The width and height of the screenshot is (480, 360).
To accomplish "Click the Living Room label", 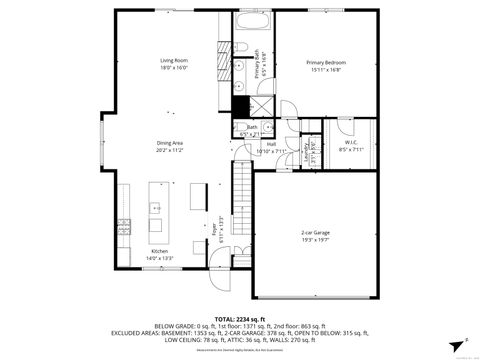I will [175, 61].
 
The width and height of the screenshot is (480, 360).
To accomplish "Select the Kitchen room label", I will [160, 251].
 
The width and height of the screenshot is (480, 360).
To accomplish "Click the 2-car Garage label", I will [315, 234].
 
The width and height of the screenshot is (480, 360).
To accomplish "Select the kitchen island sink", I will [157, 209].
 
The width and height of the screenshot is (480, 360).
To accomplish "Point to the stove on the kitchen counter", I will [122, 222].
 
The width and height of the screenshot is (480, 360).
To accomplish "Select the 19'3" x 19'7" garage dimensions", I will [315, 241].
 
